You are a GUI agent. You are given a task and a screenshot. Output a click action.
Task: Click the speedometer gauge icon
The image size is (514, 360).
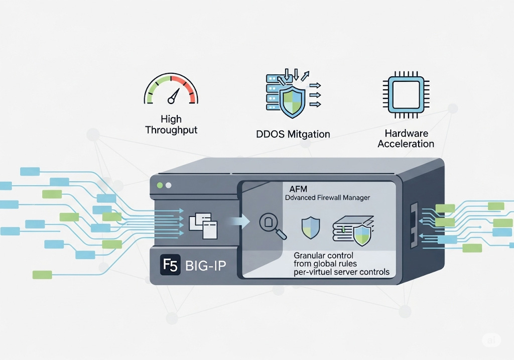pos(171,90)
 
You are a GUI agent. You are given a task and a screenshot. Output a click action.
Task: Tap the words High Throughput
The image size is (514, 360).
pos(171,125)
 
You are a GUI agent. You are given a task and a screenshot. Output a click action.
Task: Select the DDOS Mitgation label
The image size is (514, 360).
pos(293,134)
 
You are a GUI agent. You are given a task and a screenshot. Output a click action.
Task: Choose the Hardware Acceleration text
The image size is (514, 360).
pos(406,139)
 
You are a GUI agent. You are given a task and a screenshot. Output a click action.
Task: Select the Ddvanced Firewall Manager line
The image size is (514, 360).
pos(327,197)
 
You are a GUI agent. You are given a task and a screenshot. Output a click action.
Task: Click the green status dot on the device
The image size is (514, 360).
pos(160,186)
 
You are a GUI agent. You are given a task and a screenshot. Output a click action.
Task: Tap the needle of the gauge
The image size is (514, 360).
pos(174,95)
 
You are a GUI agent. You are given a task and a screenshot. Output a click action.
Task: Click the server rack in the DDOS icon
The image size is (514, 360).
pos(273,92)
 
